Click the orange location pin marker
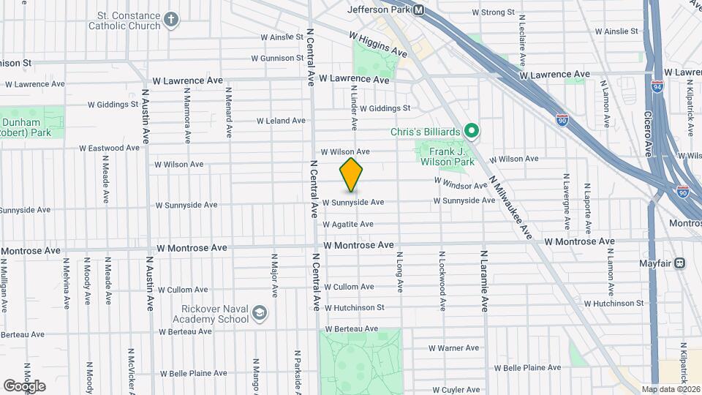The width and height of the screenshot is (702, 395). (352, 175)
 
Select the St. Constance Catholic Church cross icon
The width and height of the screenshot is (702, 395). (171, 20)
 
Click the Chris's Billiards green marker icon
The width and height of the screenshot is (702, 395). (472, 132)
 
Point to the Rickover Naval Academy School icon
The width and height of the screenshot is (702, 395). (259, 314)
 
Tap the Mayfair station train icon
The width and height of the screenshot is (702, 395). (680, 263)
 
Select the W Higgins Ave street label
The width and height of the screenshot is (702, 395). (377, 45)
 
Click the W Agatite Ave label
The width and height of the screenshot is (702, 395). (348, 224)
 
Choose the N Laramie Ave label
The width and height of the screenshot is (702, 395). (484, 282)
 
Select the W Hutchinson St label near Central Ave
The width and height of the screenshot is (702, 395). (354, 308)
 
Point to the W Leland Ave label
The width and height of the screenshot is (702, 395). (281, 121)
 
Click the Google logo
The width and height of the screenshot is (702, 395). (24, 385)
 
